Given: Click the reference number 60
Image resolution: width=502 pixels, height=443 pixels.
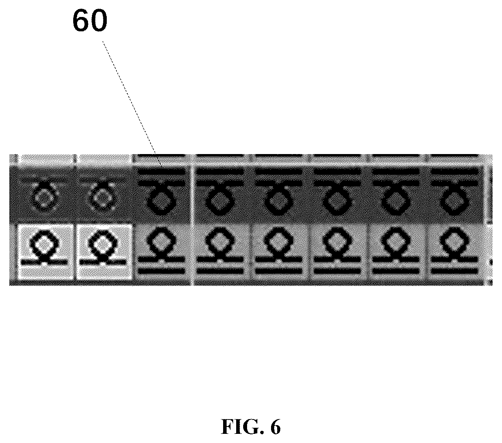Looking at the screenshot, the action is click(x=90, y=20).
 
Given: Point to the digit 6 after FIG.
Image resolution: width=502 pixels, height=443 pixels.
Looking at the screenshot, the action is click(x=275, y=427).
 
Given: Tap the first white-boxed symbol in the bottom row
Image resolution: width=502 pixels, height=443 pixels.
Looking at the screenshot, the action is click(x=45, y=252).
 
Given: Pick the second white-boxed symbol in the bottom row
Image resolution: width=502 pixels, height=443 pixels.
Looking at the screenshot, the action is click(x=104, y=252).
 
